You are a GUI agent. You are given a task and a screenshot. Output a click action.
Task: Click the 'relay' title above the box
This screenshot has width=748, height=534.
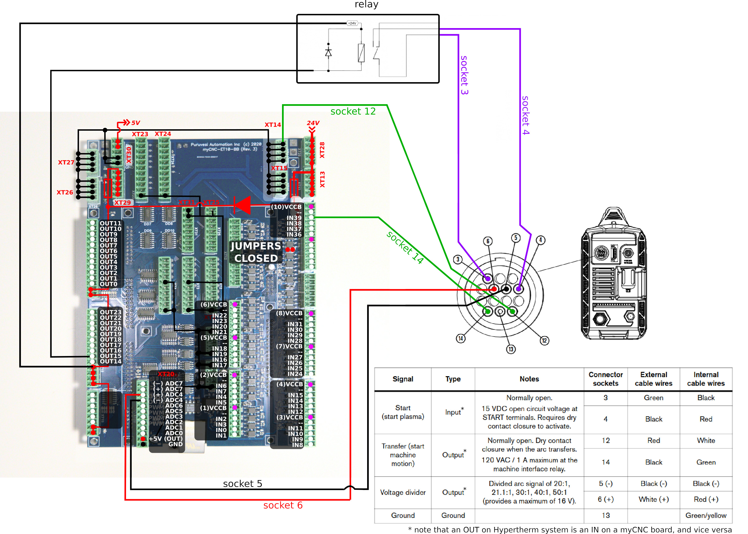pos(366,5)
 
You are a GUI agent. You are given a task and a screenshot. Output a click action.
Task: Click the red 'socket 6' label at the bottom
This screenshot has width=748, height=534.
pos(283,505)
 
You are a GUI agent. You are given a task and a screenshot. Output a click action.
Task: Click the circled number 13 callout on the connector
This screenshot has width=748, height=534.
pos(511,349)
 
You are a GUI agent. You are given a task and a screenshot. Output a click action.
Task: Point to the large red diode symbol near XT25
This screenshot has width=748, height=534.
pos(243,205)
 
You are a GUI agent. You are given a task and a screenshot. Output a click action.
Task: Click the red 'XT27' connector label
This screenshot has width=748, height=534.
pos(66,162)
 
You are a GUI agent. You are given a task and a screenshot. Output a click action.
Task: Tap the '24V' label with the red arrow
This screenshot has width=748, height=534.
pos(313,123)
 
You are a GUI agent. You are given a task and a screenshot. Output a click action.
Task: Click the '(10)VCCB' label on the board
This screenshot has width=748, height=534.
pos(286,207)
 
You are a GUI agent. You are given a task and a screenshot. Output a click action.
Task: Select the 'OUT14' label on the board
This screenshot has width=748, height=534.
pos(111,361)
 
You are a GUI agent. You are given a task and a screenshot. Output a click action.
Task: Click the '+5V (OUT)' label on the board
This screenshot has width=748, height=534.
pos(165,439)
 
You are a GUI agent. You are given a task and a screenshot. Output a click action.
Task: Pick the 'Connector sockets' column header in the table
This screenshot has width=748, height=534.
pos(605,379)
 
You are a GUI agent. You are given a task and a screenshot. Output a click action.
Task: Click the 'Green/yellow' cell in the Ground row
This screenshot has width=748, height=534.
pos(706,515)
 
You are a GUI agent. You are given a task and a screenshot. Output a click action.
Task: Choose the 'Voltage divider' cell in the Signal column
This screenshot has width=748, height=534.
pos(403,492)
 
